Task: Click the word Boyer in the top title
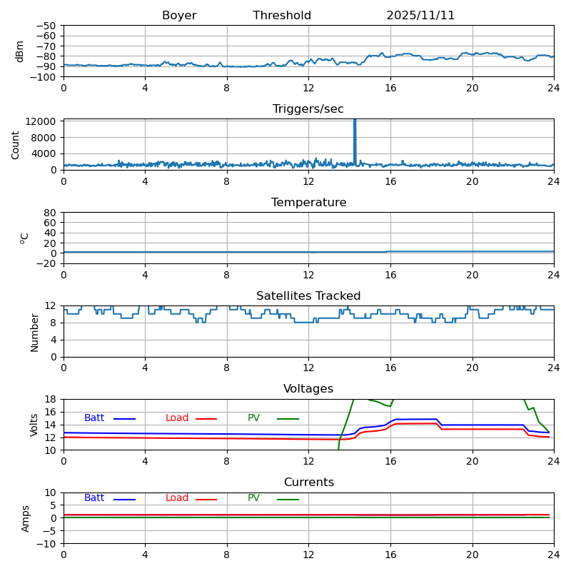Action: click(x=179, y=16)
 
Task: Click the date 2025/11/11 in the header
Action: click(x=420, y=16)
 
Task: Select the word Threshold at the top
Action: click(x=282, y=16)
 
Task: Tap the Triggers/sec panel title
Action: click(x=308, y=109)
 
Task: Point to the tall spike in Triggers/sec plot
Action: click(x=355, y=136)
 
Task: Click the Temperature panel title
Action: click(x=308, y=203)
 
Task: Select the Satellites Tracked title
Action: click(x=308, y=296)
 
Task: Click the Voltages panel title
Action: click(x=308, y=389)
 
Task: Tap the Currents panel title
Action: click(x=308, y=482)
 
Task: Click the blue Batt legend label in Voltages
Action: click(x=94, y=418)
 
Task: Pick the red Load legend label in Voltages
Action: click(x=177, y=418)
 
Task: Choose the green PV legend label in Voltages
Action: click(x=254, y=418)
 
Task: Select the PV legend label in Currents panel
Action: click(x=254, y=498)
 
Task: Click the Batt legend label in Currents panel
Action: click(x=94, y=498)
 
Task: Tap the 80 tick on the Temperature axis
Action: click(x=51, y=213)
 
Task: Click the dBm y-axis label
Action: click(x=20, y=51)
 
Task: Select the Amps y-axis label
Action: click(x=26, y=518)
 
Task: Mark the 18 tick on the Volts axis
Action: click(x=52, y=399)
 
